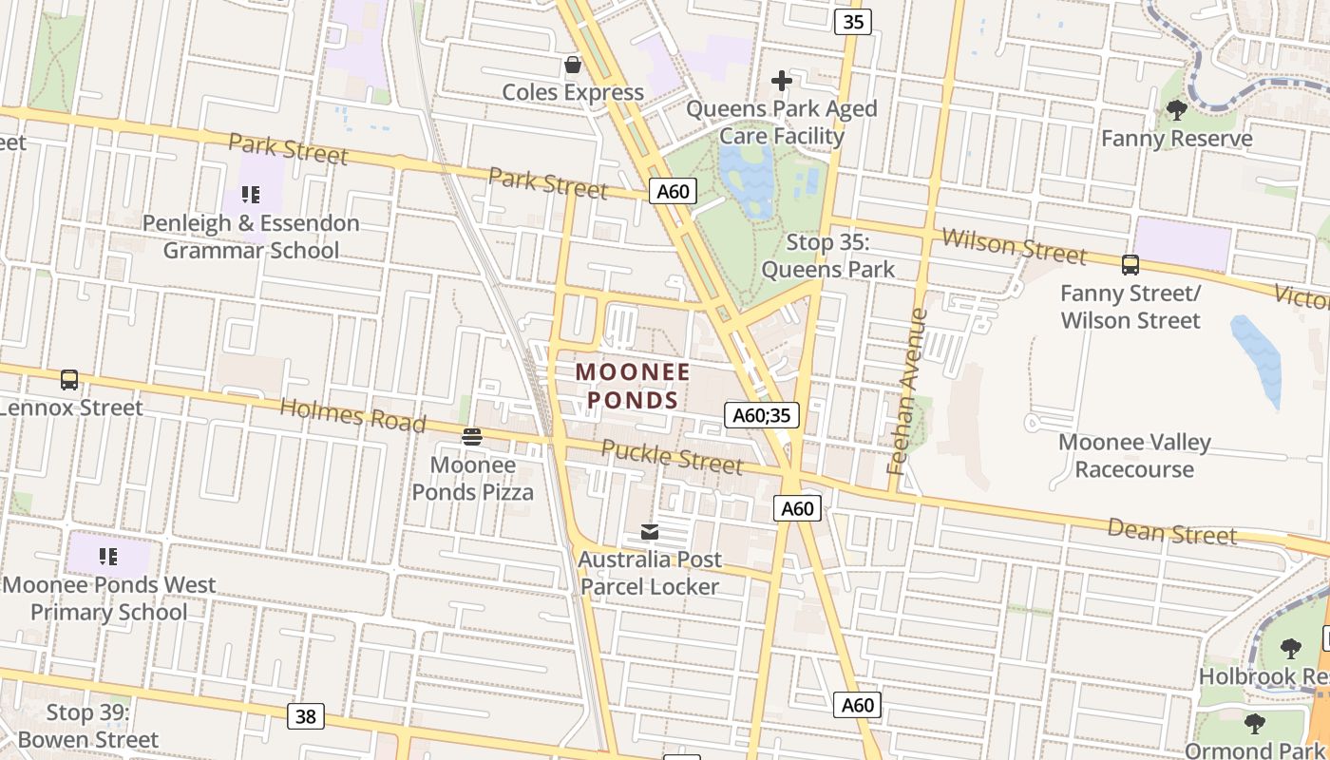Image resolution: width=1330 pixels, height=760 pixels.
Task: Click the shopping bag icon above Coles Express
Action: (573, 65)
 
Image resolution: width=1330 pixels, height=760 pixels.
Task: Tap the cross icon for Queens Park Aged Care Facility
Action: (782, 81)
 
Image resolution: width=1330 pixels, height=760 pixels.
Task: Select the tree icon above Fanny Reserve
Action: (1176, 110)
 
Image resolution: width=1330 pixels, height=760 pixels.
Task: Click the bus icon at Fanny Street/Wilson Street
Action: (1130, 265)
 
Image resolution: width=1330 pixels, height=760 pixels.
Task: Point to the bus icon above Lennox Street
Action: (69, 380)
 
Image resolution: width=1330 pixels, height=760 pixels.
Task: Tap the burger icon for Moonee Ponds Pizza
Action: (472, 437)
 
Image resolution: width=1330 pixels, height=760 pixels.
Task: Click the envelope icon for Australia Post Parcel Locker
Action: (650, 532)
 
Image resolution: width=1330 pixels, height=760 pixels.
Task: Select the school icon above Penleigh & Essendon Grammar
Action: (251, 196)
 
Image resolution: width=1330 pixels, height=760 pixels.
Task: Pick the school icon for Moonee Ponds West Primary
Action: (108, 557)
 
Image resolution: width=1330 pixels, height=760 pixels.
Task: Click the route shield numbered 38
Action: (306, 716)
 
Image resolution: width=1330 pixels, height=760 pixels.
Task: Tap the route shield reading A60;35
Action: (762, 415)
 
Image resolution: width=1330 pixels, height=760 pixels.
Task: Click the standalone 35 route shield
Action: (853, 21)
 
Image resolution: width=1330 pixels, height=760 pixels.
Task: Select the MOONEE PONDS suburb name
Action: (633, 386)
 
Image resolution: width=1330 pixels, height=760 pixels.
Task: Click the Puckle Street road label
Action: (672, 457)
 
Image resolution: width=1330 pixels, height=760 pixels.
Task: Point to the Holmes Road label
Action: (352, 416)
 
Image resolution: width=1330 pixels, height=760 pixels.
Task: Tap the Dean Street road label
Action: (1171, 532)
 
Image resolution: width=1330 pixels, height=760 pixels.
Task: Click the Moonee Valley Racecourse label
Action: (1134, 456)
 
